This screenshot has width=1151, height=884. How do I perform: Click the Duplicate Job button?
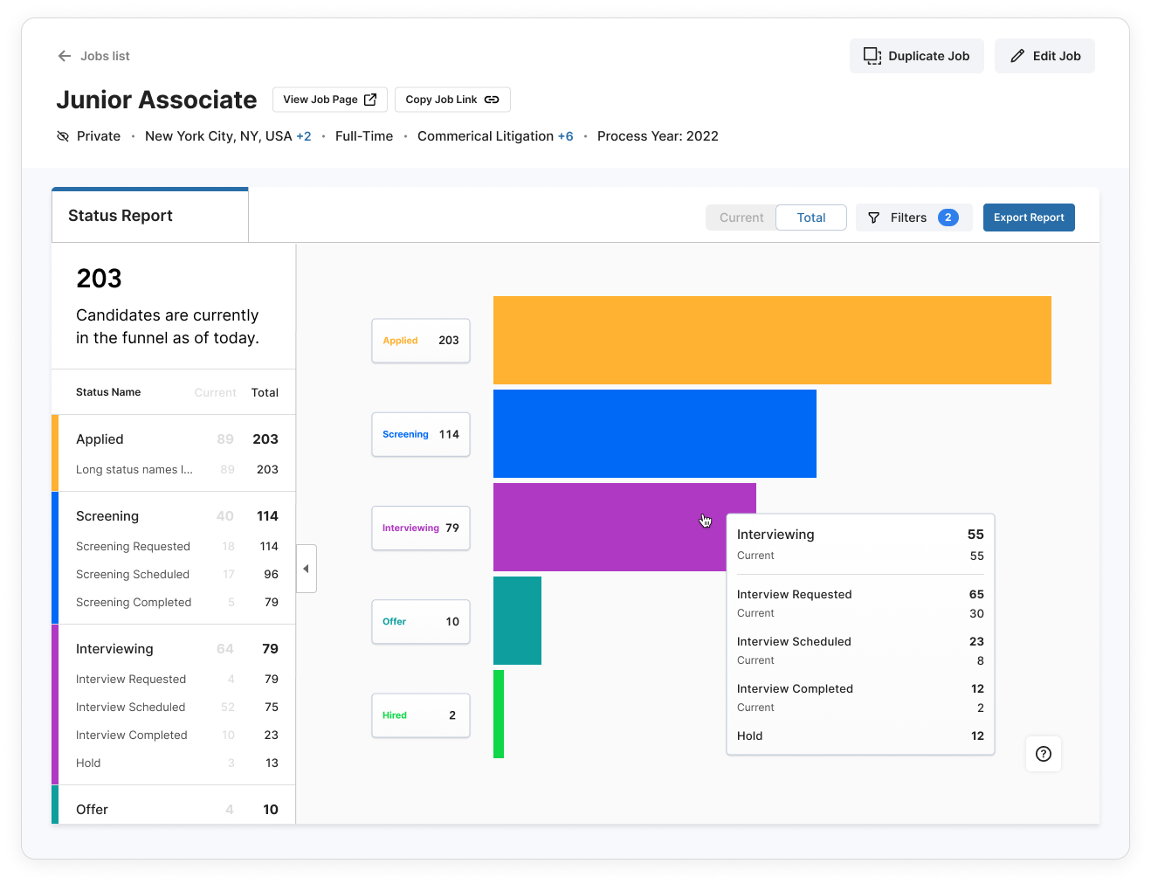tap(916, 56)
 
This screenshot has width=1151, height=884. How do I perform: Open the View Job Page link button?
tap(329, 100)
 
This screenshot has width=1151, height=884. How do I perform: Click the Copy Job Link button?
tap(451, 100)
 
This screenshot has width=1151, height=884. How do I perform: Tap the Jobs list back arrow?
tap(65, 56)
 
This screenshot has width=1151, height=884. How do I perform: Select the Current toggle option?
tap(741, 218)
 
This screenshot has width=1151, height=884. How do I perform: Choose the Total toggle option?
tap(810, 218)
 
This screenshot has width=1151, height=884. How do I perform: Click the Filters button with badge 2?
tap(913, 218)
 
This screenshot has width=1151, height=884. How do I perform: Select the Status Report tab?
tap(149, 216)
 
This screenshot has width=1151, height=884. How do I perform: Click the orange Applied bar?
tap(772, 340)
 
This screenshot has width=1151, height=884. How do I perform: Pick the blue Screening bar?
tap(654, 433)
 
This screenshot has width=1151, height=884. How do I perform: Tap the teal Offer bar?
tap(517, 620)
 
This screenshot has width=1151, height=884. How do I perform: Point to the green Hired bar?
tap(499, 714)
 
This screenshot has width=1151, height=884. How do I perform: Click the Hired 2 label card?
tap(420, 715)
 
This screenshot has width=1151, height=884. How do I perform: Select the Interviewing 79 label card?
tap(420, 528)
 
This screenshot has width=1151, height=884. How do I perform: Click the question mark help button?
tap(1043, 754)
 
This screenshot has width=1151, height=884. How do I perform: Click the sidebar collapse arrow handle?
tap(306, 569)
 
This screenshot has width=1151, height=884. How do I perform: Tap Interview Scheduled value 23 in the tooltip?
tap(976, 641)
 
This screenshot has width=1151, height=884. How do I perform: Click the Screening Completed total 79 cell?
tap(272, 602)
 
